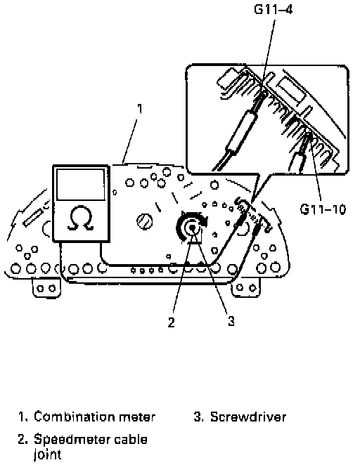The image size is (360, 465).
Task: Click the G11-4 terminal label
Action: point(274,10)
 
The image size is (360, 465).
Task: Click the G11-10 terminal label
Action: point(323,209)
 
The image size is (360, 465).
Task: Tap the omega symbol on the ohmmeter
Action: point(80,219)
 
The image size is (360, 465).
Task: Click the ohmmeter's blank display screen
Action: point(81,185)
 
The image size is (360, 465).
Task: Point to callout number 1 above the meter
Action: point(139,109)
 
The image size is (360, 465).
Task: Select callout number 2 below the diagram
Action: point(172,322)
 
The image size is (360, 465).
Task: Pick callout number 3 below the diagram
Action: point(231,321)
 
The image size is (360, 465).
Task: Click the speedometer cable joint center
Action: point(193,228)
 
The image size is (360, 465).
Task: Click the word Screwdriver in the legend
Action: point(248,417)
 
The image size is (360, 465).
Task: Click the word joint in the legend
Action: point(48,455)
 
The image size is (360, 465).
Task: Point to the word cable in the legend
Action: point(131,439)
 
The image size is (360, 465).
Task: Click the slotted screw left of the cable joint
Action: point(145,221)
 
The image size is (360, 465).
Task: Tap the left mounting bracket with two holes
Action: point(46,287)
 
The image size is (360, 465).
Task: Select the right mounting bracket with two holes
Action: point(246,287)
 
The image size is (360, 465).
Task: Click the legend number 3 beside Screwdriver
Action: point(198,417)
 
